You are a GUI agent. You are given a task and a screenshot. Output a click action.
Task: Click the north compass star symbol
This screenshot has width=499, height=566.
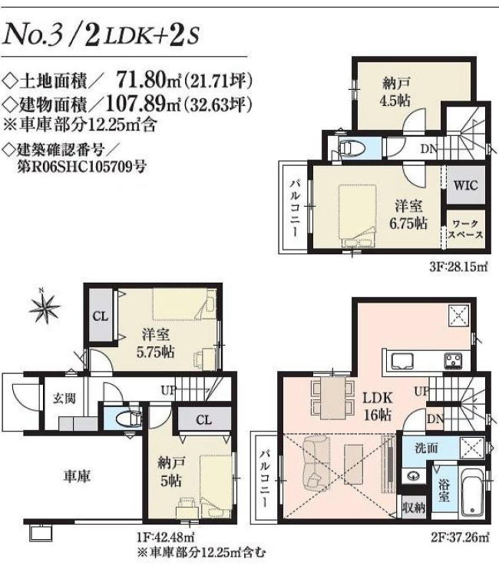click(x=45, y=307)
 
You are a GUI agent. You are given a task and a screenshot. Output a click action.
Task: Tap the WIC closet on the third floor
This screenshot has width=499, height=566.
click(x=465, y=186)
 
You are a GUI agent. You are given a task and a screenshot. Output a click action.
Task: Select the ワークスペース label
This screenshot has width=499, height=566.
click(x=465, y=229)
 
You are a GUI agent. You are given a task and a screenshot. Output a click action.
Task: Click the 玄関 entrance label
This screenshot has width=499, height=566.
click(x=64, y=399)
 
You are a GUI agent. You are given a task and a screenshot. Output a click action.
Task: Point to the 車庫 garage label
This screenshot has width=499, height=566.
click(x=77, y=476)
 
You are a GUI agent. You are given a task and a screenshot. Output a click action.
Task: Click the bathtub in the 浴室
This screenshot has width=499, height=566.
click(x=473, y=492)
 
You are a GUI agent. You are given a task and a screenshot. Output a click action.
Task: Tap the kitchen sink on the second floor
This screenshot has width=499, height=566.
click(x=402, y=361)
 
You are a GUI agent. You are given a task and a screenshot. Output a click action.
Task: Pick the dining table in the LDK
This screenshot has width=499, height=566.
click(x=332, y=398)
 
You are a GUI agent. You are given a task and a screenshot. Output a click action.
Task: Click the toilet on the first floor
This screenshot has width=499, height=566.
click(x=128, y=419)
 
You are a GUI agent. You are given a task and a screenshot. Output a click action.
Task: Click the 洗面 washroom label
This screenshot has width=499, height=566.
click(x=426, y=448)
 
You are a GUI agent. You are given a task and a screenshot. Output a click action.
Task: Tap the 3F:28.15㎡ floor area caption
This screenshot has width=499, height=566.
click(x=458, y=267)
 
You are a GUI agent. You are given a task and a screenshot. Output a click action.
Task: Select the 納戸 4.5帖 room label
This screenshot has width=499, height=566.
click(x=396, y=92)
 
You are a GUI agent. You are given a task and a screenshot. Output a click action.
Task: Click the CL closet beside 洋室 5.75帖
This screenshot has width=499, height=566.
click(x=101, y=316)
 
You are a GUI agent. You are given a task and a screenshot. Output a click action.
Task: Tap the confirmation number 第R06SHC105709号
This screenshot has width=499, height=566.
click(x=82, y=167)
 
